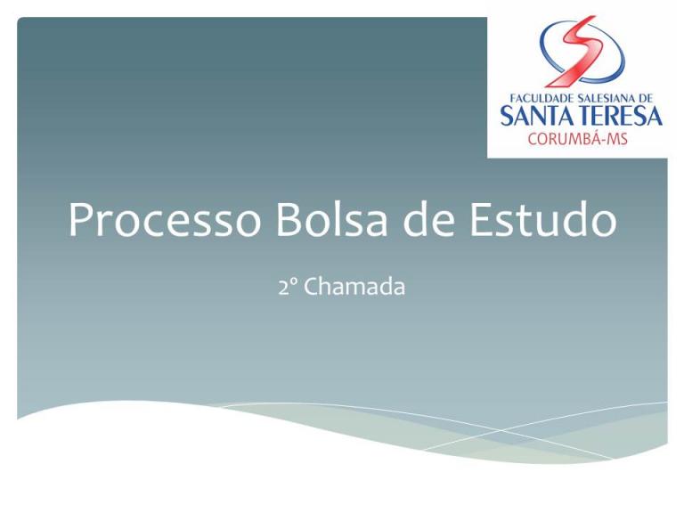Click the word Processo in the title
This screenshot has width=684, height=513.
(165, 220)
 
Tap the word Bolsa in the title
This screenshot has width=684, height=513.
(331, 219)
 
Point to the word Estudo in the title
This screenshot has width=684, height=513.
(543, 219)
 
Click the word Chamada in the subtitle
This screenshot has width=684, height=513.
(354, 287)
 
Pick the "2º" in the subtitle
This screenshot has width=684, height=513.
(288, 288)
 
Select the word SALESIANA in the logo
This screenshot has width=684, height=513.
(606, 98)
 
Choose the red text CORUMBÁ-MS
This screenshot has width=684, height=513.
(577, 139)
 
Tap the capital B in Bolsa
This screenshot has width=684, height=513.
(289, 220)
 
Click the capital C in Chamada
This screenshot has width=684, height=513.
(313, 287)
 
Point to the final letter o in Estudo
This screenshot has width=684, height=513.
(603, 224)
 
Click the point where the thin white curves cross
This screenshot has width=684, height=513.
(501, 430)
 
